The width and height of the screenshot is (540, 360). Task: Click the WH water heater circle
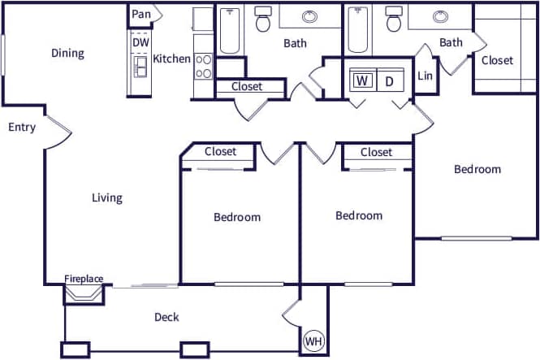pyautogui.click(x=313, y=342)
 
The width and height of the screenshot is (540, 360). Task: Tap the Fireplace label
pyautogui.click(x=84, y=279)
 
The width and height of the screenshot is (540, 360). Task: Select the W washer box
pyautogui.click(x=362, y=80)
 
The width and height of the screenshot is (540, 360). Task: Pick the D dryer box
pyautogui.click(x=389, y=80)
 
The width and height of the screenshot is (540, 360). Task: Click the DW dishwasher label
pyautogui.click(x=140, y=41)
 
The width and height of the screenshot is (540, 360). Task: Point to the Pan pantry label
pyautogui.click(x=141, y=14)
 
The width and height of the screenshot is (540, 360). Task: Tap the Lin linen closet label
pyautogui.click(x=425, y=76)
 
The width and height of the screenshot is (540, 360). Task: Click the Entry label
pyautogui.click(x=22, y=128)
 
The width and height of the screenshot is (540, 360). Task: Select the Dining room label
pyautogui.click(x=67, y=54)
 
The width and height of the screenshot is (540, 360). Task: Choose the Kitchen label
pyautogui.click(x=171, y=59)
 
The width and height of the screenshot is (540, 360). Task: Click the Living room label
pyautogui.click(x=106, y=197)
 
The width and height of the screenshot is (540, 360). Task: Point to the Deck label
pyautogui.click(x=166, y=317)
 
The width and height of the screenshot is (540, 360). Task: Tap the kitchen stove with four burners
pyautogui.click(x=203, y=66)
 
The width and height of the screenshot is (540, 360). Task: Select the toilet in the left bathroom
pyautogui.click(x=263, y=20)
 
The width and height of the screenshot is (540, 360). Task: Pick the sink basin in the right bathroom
pyautogui.click(x=441, y=16)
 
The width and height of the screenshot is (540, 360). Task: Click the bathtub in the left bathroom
pyautogui.click(x=229, y=28)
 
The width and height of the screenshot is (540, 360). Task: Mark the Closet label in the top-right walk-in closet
pyautogui.click(x=497, y=60)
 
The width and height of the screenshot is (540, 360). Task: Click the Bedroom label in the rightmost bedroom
pyautogui.click(x=477, y=169)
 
